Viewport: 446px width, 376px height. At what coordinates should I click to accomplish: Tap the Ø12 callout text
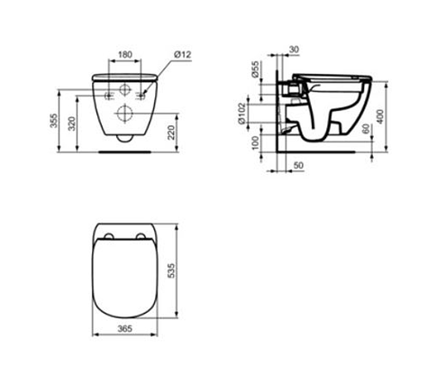(180, 56)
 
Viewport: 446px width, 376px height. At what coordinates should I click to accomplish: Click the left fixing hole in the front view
(108, 94)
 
